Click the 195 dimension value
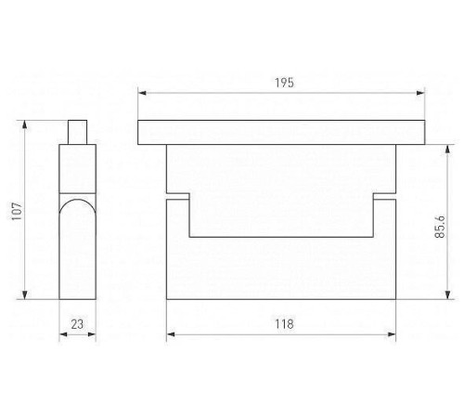pos(284,83)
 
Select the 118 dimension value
pos(284,324)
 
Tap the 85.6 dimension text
pos(440,227)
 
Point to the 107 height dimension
pos(17,211)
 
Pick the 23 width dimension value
pos(77,324)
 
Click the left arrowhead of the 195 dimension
pos(142,93)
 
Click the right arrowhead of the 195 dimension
pos(420,93)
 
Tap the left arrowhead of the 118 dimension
pos(171,334)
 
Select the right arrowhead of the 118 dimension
pos(392,334)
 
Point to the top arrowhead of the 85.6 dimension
pos(447,149)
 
